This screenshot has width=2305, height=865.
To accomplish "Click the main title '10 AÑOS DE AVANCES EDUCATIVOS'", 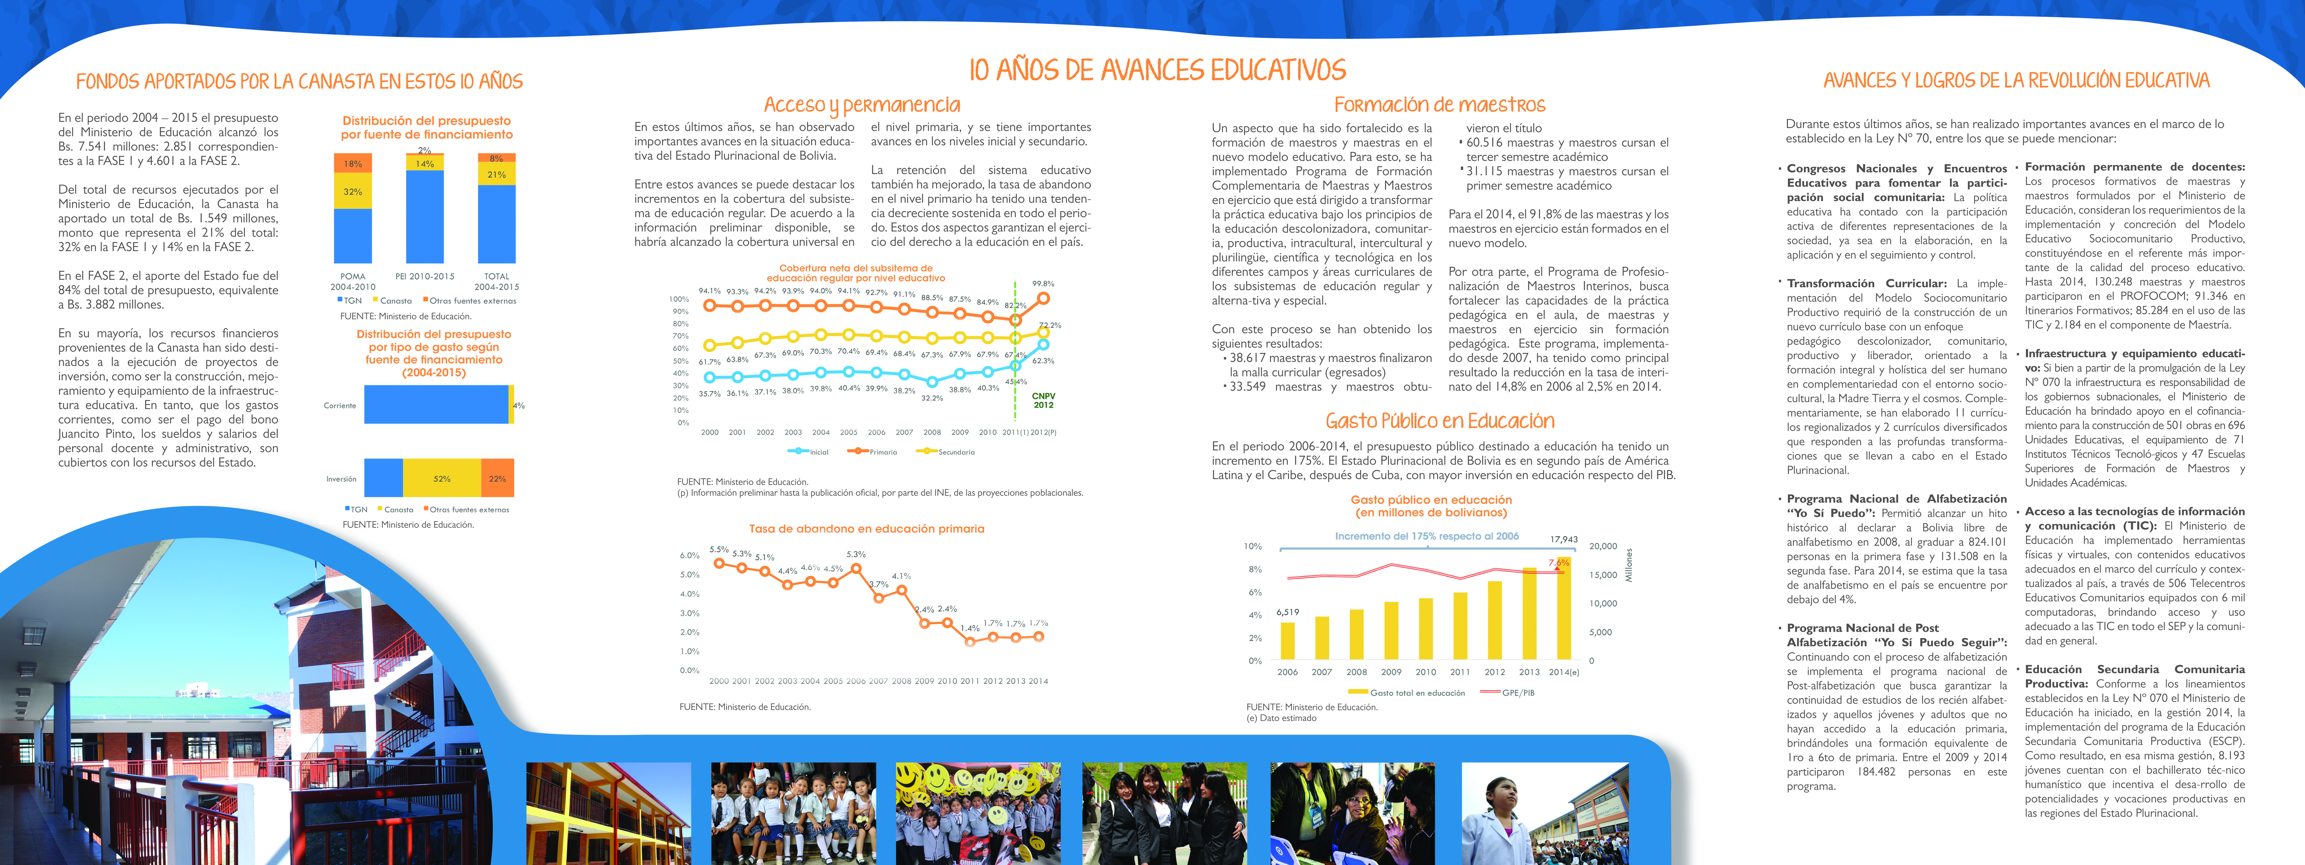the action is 1158,70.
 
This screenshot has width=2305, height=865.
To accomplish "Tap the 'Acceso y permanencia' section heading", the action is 862,106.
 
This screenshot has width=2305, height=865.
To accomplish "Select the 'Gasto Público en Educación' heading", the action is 1440,421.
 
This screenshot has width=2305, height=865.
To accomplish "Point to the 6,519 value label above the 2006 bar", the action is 1288,612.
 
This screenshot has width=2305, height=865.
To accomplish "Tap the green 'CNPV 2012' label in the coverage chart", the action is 1043,400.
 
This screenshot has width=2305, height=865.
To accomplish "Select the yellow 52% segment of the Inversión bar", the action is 442,478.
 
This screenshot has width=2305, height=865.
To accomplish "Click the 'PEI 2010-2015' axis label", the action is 425,277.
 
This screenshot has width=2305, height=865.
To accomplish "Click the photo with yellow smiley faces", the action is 978,813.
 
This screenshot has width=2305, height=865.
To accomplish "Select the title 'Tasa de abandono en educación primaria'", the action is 866,529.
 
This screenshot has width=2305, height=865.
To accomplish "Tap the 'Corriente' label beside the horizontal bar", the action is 340,406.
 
